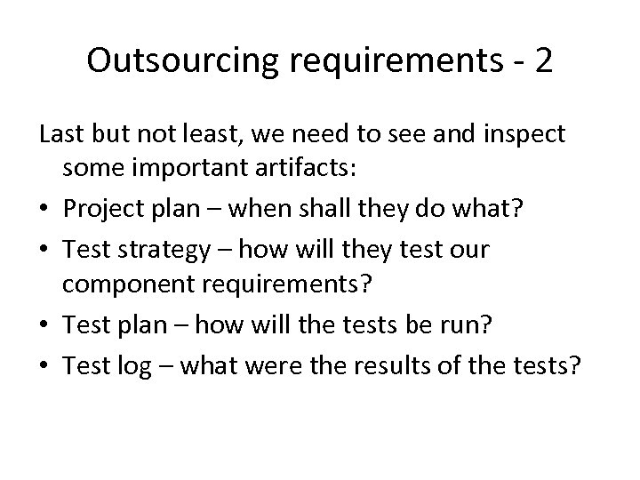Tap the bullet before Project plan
(x=45, y=212)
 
